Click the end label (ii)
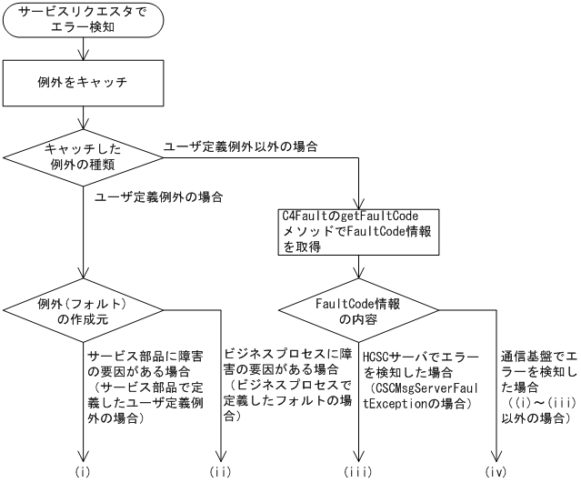221,472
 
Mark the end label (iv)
497,472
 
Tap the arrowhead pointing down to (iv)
497,458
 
